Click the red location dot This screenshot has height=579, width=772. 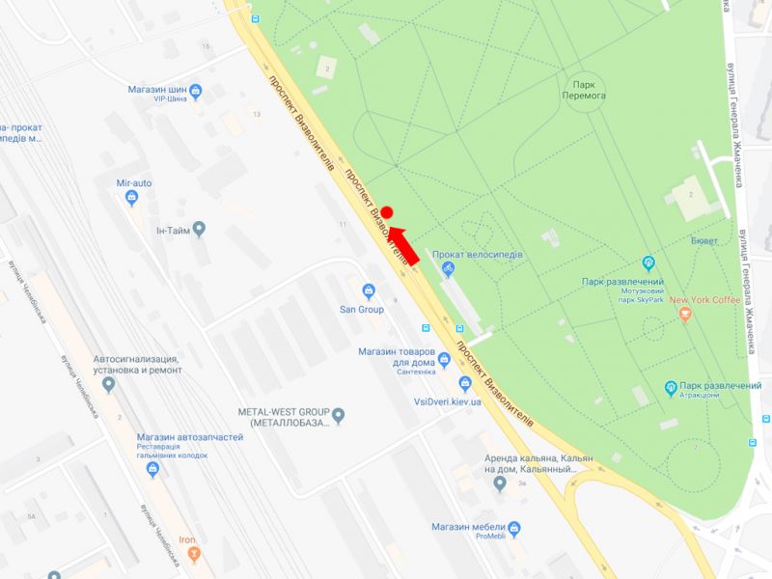387,212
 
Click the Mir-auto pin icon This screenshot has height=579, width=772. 132,198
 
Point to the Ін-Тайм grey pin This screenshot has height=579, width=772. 199,230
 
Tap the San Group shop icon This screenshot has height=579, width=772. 368,291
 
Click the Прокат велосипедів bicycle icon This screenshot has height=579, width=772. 445,270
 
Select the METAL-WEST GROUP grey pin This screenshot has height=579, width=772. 338,416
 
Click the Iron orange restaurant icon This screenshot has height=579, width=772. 194,554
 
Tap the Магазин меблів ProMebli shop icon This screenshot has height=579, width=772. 513,529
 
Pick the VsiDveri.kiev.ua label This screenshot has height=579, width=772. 447,401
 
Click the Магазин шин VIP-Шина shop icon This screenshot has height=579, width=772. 196,92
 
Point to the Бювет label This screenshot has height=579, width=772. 703,240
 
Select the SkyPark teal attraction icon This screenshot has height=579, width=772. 648,262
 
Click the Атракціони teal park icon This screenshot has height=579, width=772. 671,388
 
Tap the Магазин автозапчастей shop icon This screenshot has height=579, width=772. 152,469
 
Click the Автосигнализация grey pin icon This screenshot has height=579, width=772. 108,384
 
